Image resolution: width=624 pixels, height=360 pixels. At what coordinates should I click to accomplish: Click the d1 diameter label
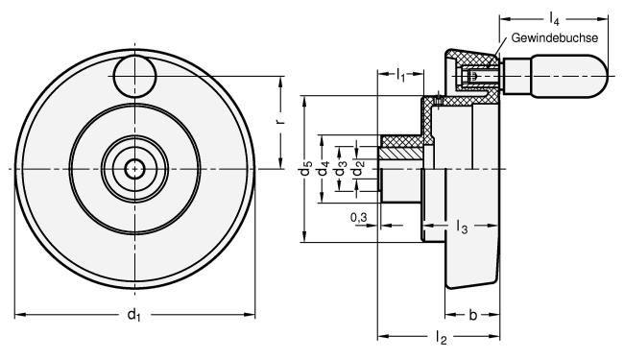[x=133, y=315]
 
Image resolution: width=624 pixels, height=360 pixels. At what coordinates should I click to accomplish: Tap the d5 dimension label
[x=305, y=169]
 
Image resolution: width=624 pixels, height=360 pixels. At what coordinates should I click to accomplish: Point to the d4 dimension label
[x=323, y=169]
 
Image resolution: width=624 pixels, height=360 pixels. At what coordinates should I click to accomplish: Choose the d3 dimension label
[x=340, y=169]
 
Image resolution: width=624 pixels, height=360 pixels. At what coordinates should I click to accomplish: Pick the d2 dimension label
[x=358, y=169]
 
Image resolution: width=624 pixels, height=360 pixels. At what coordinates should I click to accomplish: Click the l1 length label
[x=400, y=74]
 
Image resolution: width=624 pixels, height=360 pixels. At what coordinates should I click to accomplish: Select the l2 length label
[x=441, y=337]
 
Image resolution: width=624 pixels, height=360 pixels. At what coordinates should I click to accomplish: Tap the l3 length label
[x=462, y=227]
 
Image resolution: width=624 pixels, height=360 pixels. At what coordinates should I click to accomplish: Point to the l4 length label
[x=554, y=18]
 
